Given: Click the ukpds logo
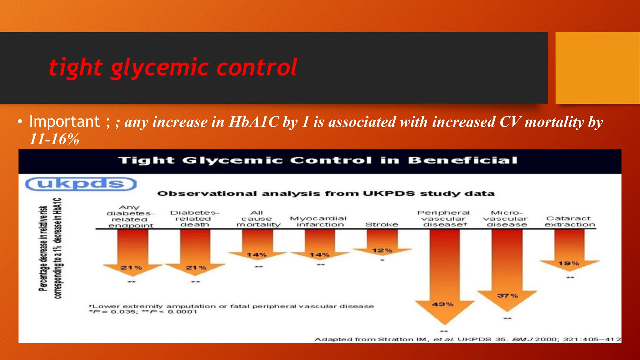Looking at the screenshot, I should pyautogui.click(x=81, y=184).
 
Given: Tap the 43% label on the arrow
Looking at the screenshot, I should pyautogui.click(x=443, y=304).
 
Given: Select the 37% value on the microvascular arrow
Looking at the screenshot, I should pyautogui.click(x=507, y=296).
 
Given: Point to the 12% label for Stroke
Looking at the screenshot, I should pyautogui.click(x=382, y=251).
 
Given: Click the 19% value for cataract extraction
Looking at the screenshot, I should pyautogui.click(x=568, y=264).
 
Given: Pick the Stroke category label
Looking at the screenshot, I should pyautogui.click(x=382, y=225).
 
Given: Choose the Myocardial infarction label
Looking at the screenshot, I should pyautogui.click(x=319, y=222).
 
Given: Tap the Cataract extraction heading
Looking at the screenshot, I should pyautogui.click(x=569, y=222).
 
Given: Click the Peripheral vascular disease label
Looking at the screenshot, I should pyautogui.click(x=444, y=219).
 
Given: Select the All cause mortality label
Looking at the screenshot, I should pyautogui.click(x=258, y=219).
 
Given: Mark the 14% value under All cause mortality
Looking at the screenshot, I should pyautogui.click(x=257, y=255).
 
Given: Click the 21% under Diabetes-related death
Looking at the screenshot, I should pyautogui.click(x=196, y=268).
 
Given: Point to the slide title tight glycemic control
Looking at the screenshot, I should pyautogui.click(x=173, y=67).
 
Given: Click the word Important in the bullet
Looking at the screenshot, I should pyautogui.click(x=65, y=122).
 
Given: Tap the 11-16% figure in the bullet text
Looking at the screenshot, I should pyautogui.click(x=54, y=139).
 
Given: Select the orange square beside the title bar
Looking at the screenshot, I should pyautogui.click(x=597, y=68).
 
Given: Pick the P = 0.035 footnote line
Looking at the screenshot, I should pyautogui.click(x=143, y=312).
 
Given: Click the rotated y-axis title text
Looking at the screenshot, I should pyautogui.click(x=50, y=248).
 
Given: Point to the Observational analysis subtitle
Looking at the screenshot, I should pyautogui.click(x=326, y=194).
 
